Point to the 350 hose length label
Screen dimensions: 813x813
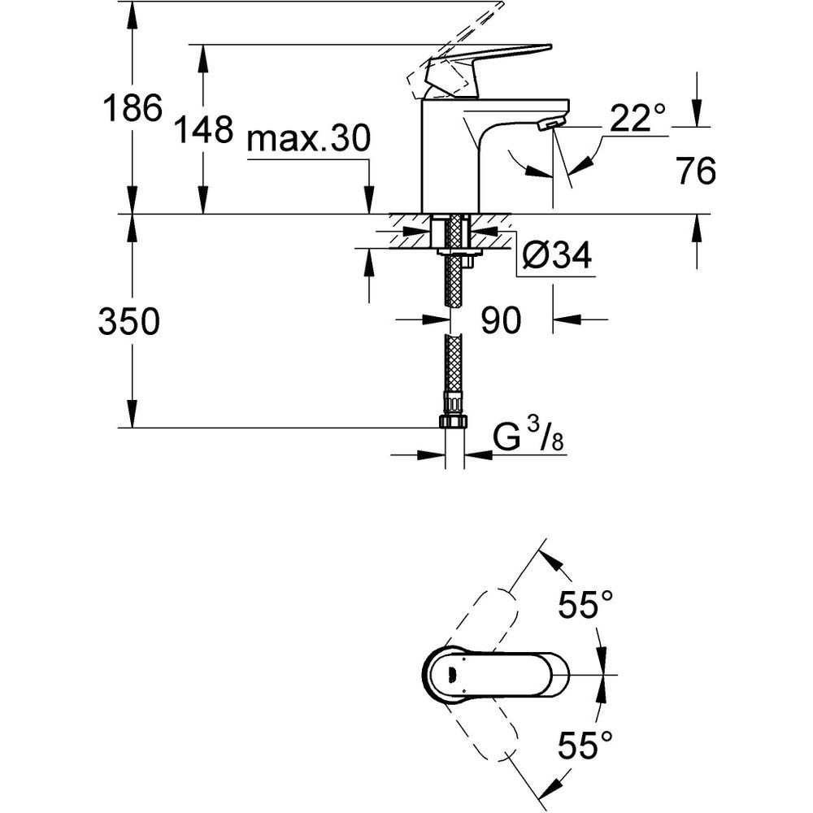click(128, 323)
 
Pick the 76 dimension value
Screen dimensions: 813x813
click(695, 172)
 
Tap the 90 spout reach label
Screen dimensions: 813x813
click(499, 321)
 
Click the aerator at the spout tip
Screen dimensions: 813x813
click(550, 123)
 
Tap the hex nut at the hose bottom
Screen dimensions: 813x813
click(454, 421)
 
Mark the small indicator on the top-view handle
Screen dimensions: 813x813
click(452, 672)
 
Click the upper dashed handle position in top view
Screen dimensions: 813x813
click(488, 618)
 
